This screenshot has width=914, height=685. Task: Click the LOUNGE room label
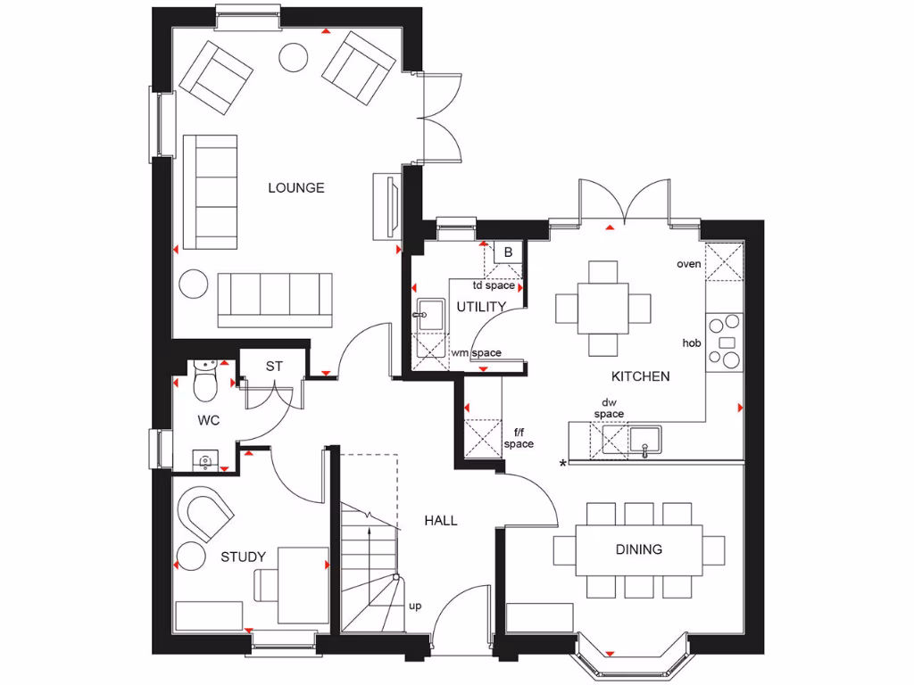295,188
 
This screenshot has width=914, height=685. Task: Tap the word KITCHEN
640,376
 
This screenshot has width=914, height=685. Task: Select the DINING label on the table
639,549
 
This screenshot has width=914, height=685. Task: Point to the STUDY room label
243,557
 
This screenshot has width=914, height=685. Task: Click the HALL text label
440,520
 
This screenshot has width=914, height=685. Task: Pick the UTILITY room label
481,307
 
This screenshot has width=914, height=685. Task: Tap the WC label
209,419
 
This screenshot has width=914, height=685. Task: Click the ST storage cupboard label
274,367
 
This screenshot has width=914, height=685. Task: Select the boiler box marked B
508,252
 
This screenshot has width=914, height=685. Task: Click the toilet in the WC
205,382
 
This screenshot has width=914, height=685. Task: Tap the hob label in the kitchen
691,342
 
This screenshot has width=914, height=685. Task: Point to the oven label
688,264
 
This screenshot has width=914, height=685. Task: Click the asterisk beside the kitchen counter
562,464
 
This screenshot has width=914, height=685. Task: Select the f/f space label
518,437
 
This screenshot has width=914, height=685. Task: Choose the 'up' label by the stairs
415,607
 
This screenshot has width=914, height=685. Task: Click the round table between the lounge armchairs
294,58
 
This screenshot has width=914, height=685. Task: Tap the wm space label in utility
476,353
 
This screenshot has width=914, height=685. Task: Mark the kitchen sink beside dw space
644,440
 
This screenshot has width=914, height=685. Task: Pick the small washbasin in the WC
205,459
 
